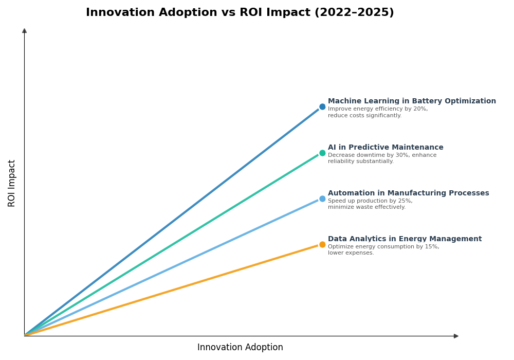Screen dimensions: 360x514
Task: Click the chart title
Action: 240,13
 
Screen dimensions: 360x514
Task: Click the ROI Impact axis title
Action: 12,183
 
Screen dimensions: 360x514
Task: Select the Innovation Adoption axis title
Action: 240,348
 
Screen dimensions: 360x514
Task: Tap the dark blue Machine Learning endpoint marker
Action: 322,107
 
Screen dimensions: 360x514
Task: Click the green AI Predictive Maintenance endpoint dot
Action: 322,153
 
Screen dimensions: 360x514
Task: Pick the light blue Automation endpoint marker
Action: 322,199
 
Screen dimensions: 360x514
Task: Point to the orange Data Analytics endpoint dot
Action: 322,244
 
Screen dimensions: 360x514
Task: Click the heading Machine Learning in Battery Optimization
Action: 412,101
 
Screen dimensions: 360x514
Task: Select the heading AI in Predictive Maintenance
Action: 385,148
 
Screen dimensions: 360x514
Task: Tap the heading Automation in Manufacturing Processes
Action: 408,193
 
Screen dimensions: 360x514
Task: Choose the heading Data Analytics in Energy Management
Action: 405,239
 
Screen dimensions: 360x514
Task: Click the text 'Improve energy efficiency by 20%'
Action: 378,109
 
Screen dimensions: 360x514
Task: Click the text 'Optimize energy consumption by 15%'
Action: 383,247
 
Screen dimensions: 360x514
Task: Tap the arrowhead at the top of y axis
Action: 24,31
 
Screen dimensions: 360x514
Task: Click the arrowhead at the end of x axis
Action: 456,336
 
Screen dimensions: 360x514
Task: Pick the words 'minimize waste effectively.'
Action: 366,207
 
